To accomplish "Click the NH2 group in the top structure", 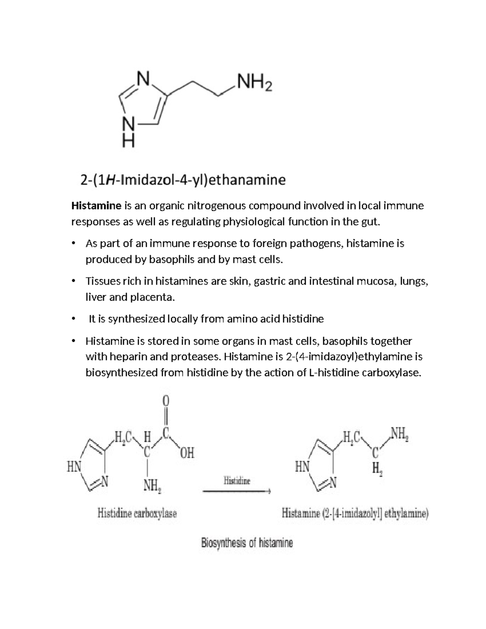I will [x=255, y=84].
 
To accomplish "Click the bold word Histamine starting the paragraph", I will [x=96, y=206].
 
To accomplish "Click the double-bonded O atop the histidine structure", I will [x=165, y=401].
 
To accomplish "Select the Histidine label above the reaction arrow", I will [x=237, y=481].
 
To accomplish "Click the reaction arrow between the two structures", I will [x=237, y=492].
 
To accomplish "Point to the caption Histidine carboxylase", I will [x=137, y=514].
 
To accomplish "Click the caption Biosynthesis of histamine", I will [x=247, y=543].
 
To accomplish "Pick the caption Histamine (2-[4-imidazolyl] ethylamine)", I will [x=355, y=514].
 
